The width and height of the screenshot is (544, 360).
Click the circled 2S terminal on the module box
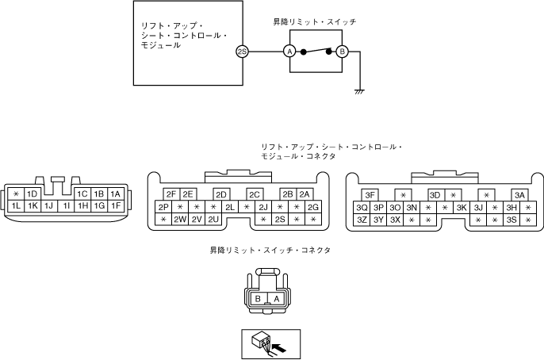(x=242, y=52)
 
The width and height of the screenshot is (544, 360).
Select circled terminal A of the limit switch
(x=289, y=52)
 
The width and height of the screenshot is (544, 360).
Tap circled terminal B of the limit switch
(x=342, y=52)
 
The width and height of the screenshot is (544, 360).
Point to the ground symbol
(x=359, y=92)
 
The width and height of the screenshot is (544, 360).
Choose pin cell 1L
(x=16, y=206)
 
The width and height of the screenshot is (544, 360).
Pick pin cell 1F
(x=115, y=206)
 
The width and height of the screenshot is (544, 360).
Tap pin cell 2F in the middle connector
(x=170, y=194)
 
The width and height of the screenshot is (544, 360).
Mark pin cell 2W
(x=179, y=220)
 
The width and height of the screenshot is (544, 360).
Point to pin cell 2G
(x=312, y=207)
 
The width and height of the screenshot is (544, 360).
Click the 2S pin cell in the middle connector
(x=279, y=220)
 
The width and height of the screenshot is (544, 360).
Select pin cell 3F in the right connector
(x=370, y=195)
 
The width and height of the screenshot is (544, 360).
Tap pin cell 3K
(x=461, y=208)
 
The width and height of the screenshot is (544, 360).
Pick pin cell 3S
(x=511, y=220)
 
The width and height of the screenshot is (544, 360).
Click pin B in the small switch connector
(x=259, y=299)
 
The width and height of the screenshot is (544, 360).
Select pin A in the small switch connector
(x=275, y=299)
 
